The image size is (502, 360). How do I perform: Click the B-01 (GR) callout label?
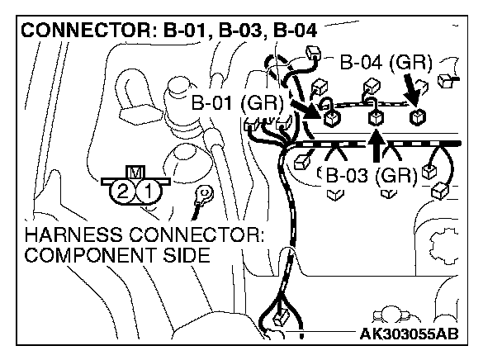(236, 104)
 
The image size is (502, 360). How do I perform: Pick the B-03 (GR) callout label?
(369, 175)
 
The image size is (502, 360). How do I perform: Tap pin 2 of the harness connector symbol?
(123, 192)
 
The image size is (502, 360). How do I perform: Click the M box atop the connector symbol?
(134, 173)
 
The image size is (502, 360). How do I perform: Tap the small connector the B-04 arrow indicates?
(419, 116)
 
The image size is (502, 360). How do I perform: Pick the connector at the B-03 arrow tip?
(376, 118)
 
